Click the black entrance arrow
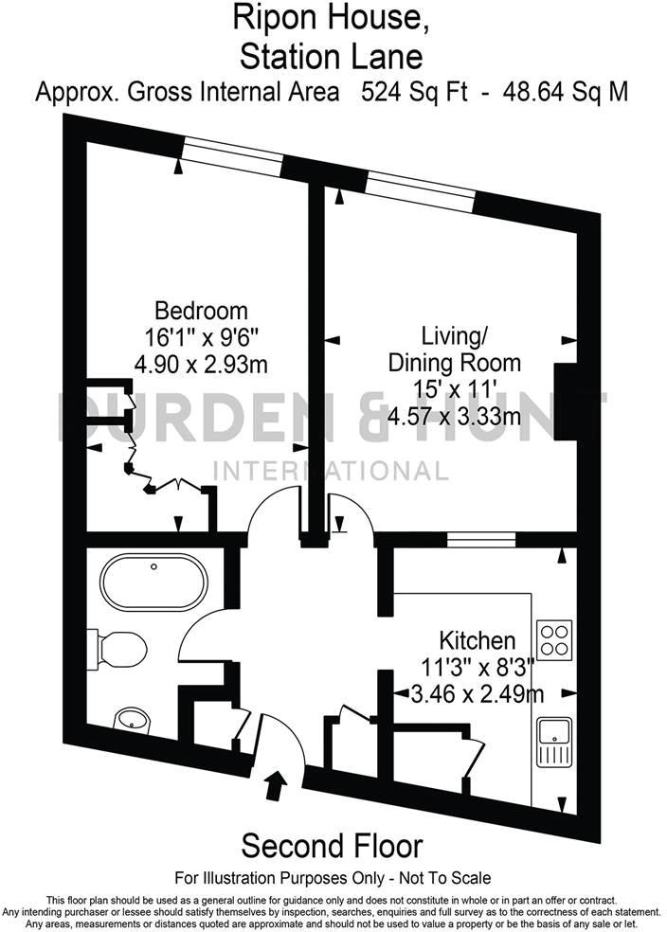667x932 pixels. (x=277, y=785)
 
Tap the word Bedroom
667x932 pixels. (x=201, y=310)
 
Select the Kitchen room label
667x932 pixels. (x=477, y=641)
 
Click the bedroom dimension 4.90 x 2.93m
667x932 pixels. (x=201, y=363)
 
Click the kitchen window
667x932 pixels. (x=480, y=540)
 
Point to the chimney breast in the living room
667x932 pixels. (x=566, y=402)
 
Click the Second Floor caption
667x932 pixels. (x=333, y=845)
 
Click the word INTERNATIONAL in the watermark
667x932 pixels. (x=332, y=470)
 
